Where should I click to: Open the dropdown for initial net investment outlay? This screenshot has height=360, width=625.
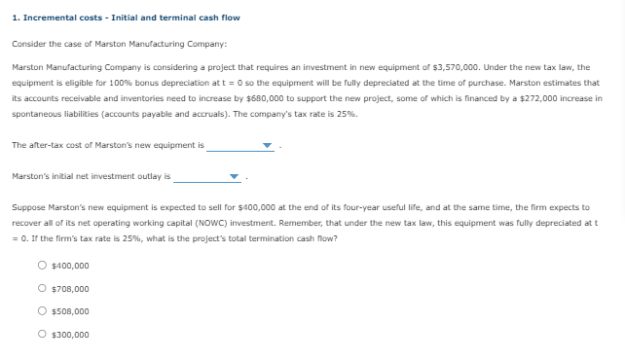click(234, 178)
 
